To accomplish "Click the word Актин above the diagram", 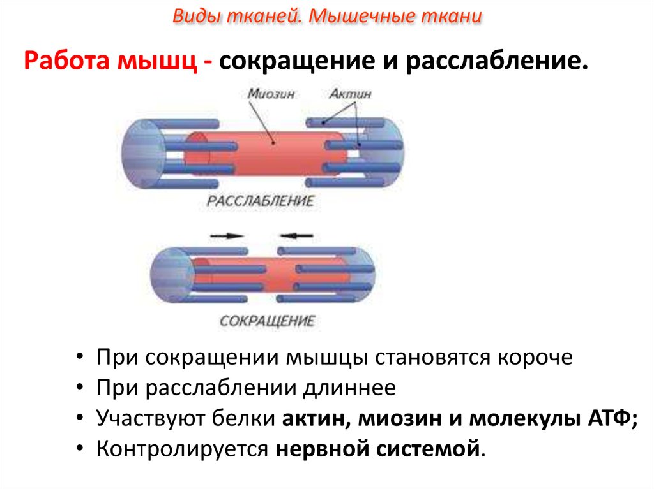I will point(351,94).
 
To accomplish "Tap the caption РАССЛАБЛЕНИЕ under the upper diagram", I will point(261,201).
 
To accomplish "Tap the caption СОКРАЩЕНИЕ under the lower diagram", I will point(268,321).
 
